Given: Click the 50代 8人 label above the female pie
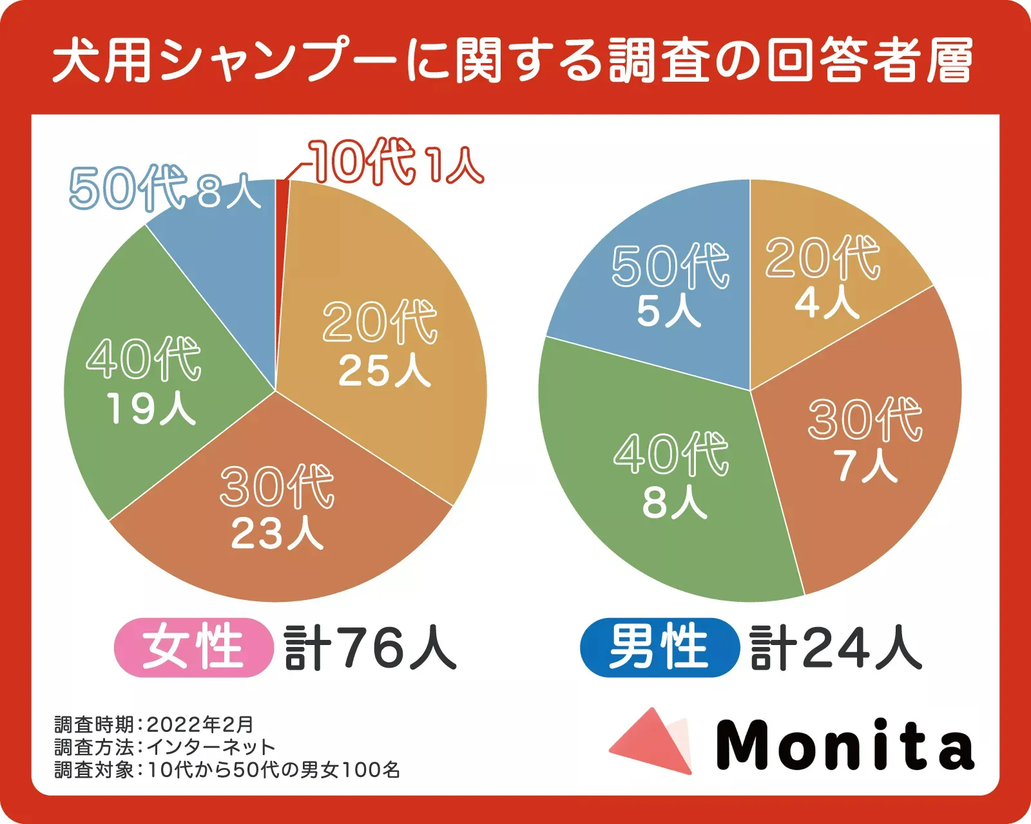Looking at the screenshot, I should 164,188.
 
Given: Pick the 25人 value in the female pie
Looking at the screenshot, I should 384,371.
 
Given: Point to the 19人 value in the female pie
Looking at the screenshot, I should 151,409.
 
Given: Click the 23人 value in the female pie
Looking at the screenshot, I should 277,534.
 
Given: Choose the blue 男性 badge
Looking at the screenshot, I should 659,647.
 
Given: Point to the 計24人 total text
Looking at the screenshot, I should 836,647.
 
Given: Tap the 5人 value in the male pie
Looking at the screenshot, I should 668,311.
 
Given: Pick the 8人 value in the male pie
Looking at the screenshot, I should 674,502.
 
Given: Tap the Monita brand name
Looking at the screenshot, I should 844,745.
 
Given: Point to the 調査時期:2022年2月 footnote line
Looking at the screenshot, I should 154,725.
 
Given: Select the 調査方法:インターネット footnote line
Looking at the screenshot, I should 165,747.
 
